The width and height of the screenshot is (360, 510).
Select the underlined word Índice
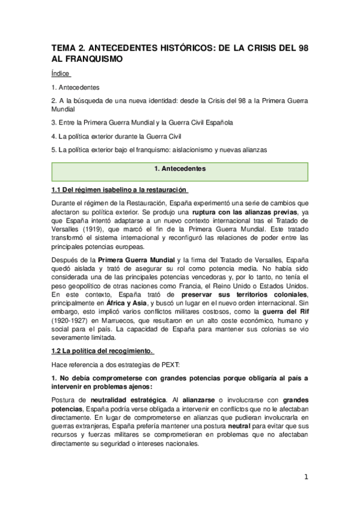(x=61, y=74)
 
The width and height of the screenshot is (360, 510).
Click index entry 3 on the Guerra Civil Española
(x=142, y=123)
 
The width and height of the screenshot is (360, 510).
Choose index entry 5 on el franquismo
(x=159, y=149)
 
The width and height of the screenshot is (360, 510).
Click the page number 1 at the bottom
(x=306, y=477)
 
